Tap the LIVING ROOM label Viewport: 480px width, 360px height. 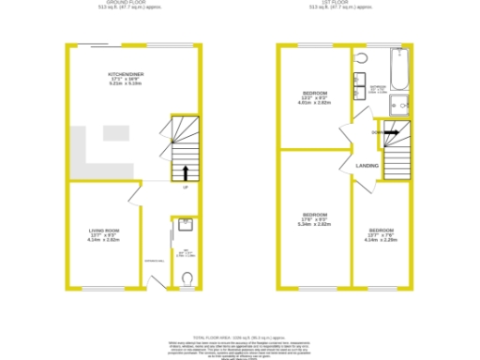point(103,232)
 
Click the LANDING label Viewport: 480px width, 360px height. point(367,166)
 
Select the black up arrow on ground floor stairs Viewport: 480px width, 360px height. point(184,172)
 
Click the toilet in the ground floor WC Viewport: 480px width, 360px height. point(187,277)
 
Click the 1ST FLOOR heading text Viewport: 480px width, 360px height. point(343,4)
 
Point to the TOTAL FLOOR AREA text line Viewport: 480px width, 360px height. point(239,335)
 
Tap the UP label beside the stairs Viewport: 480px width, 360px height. point(186,188)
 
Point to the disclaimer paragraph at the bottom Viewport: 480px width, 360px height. point(239,349)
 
